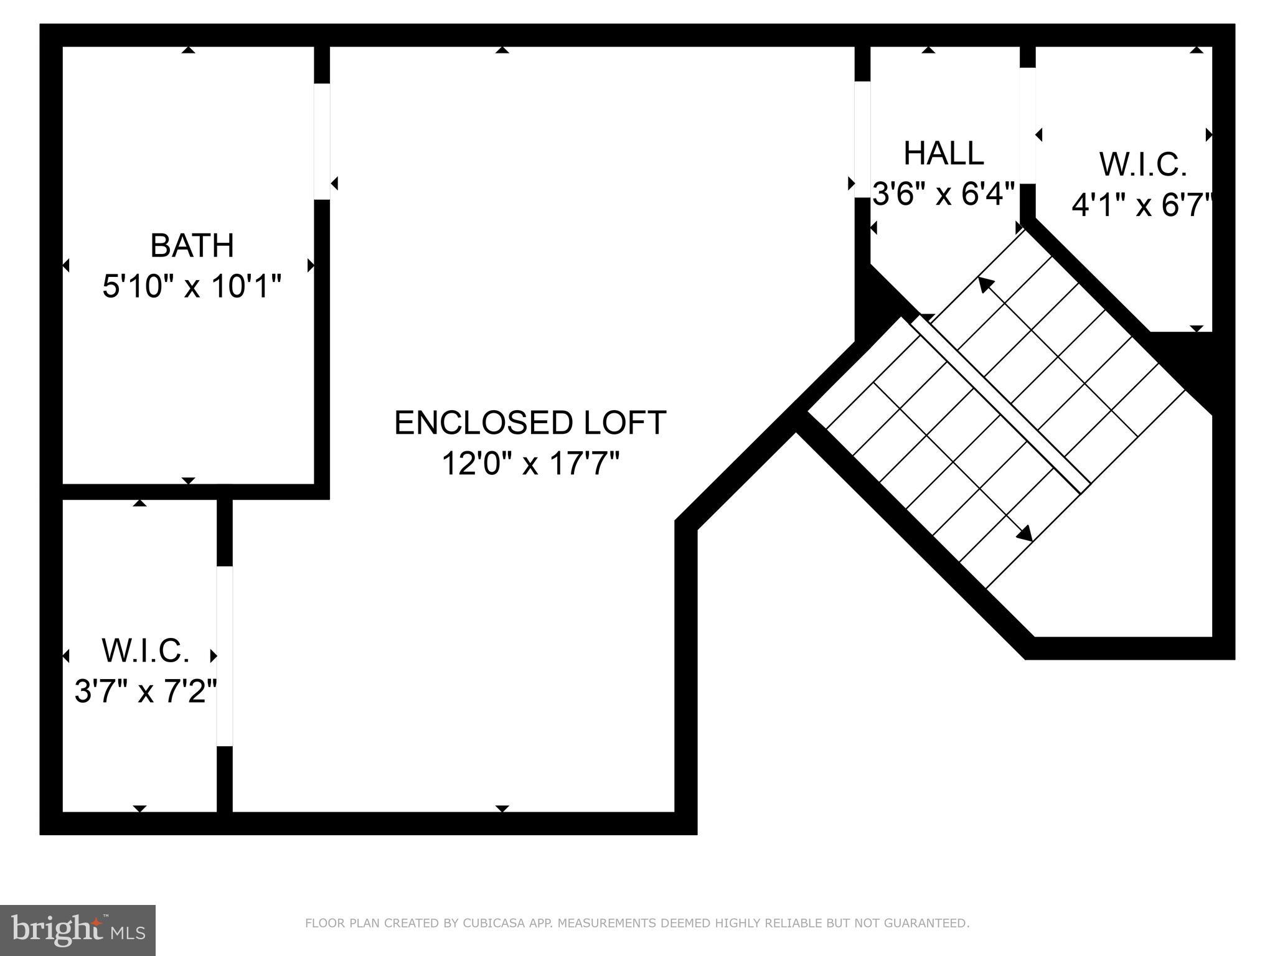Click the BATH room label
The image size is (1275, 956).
coord(192,245)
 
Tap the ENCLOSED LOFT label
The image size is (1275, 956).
coord(530,423)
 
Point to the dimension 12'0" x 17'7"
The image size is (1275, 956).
coord(530,464)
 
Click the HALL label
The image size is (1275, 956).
coord(943,153)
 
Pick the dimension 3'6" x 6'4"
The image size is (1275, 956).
coord(943,194)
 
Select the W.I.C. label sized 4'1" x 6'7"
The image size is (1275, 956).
coord(1143,165)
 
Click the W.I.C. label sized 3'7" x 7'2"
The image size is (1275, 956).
coord(146,650)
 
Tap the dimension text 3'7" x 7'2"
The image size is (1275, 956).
coord(146,691)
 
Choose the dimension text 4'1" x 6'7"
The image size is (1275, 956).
coord(1143,205)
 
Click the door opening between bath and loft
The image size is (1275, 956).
coord(322,141)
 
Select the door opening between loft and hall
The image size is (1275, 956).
coord(862,139)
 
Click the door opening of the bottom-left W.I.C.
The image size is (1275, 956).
coord(225,656)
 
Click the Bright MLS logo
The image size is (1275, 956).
coord(78,930)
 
